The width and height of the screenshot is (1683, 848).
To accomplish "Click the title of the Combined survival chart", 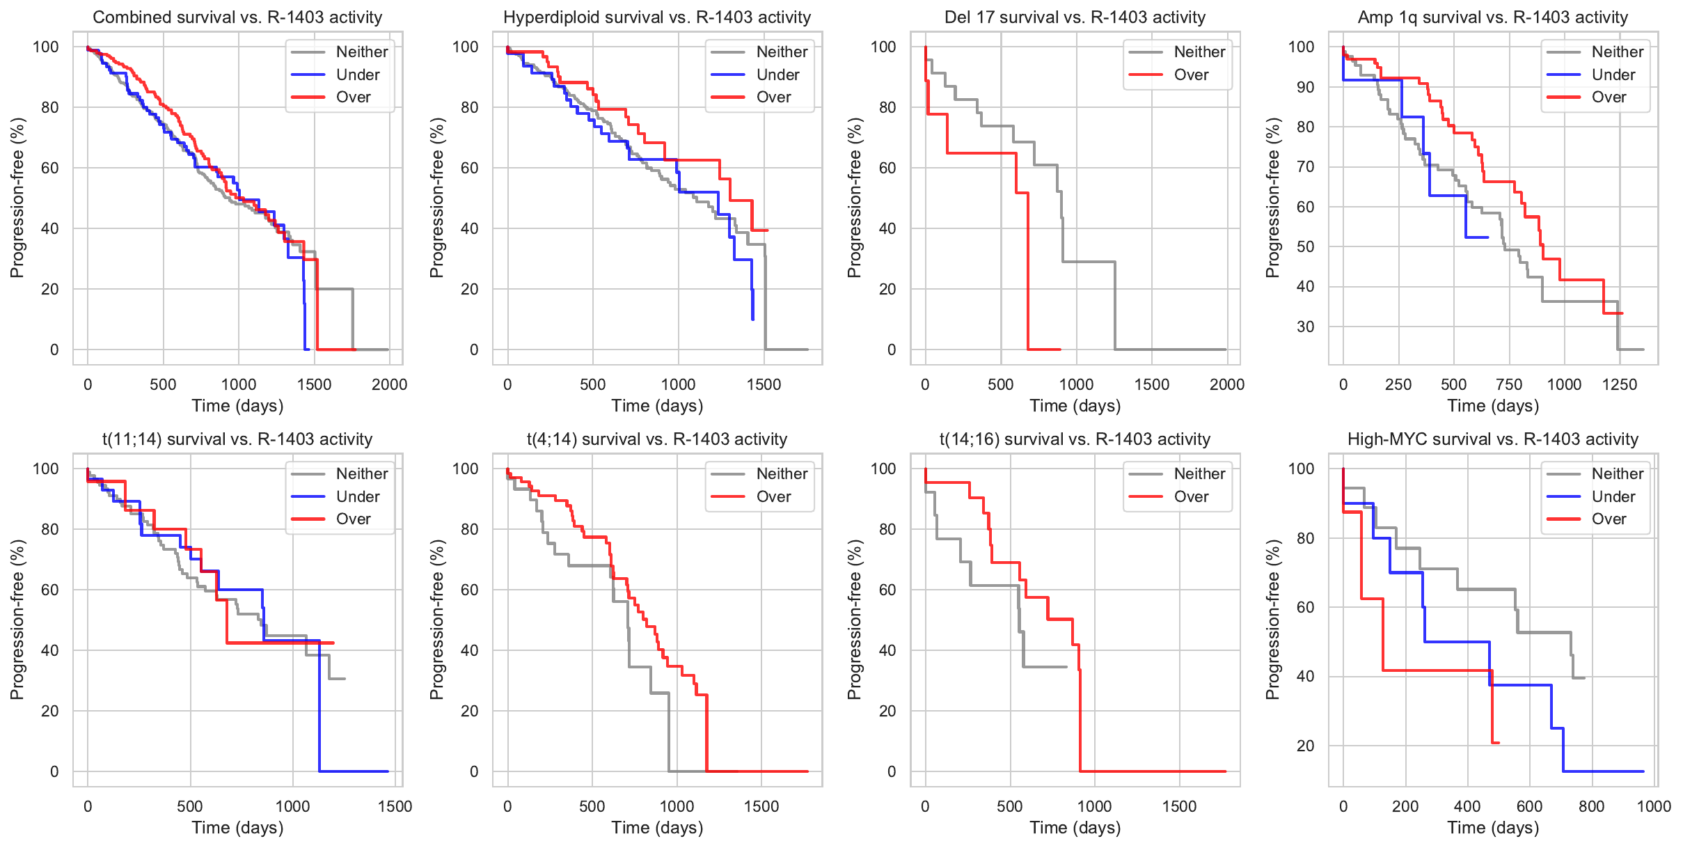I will (x=237, y=17).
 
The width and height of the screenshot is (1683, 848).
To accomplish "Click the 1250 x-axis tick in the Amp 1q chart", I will (x=1619, y=384).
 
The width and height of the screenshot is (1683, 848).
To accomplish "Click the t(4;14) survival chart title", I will (x=657, y=439).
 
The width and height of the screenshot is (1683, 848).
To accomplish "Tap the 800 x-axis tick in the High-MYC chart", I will (x=1591, y=806).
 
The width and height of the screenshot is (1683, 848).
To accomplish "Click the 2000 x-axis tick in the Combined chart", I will (x=389, y=384).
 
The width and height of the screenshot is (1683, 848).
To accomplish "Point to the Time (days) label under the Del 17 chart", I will (x=1075, y=406).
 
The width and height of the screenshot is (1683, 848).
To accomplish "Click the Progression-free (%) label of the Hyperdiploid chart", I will (x=436, y=198).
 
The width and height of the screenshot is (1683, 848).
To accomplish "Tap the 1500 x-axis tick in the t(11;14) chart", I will (x=395, y=806).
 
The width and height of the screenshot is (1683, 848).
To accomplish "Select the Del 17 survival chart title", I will (x=1075, y=17).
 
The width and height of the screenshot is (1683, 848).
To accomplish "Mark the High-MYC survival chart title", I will (x=1492, y=439).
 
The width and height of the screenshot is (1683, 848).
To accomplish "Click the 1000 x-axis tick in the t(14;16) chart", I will (x=1094, y=806).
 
